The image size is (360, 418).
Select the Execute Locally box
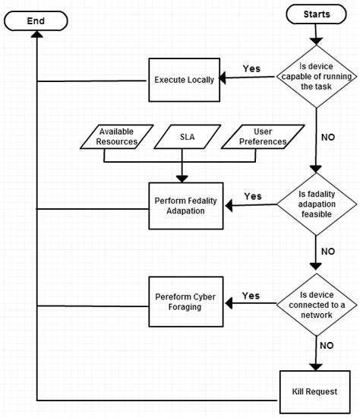(183, 79)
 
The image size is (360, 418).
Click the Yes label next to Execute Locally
(251, 68)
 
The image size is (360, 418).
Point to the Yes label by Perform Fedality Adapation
(253, 196)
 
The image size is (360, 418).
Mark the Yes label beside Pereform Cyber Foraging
(251, 296)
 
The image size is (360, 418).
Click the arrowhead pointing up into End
(36, 39)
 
